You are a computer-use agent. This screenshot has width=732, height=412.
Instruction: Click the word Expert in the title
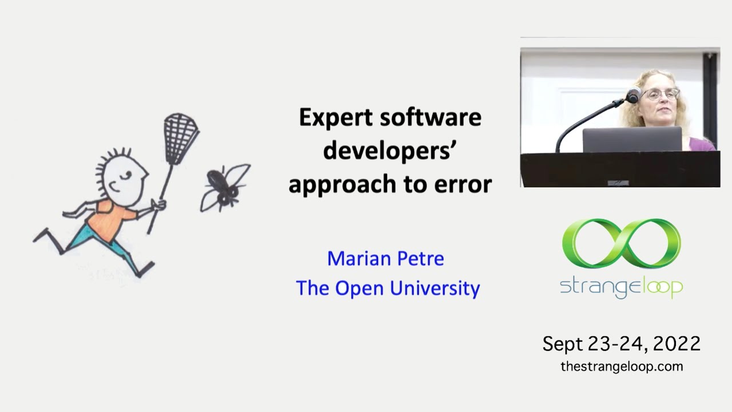pyautogui.click(x=336, y=118)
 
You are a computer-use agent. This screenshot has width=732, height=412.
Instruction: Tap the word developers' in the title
pyautogui.click(x=389, y=152)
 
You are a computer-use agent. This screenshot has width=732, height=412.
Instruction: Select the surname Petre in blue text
pyautogui.click(x=420, y=259)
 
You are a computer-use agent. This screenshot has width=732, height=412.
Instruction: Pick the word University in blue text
pyautogui.click(x=435, y=289)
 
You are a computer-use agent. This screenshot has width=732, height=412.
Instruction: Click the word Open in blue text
pyautogui.click(x=360, y=289)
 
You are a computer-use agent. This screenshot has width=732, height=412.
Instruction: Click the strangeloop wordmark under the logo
pyautogui.click(x=621, y=288)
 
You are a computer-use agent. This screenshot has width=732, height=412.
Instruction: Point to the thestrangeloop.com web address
pyautogui.click(x=622, y=367)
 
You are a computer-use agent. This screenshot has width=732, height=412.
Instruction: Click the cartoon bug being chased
pyautogui.click(x=225, y=188)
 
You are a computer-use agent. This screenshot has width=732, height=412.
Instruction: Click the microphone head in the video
pyautogui.click(x=634, y=95)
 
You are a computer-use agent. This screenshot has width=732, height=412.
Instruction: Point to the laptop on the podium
pyautogui.click(x=632, y=140)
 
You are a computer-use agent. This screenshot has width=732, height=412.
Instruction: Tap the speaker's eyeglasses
pyautogui.click(x=660, y=95)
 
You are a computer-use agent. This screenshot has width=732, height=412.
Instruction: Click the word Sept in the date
pyautogui.click(x=563, y=344)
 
